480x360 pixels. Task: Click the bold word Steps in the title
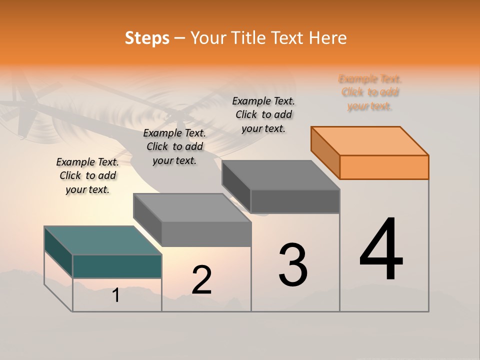tap(147, 38)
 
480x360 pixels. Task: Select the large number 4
tap(381, 250)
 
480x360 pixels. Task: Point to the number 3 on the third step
tap(293, 265)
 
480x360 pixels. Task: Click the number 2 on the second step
tap(201, 280)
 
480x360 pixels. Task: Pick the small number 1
tap(116, 295)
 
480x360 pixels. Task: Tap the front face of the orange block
tap(384, 167)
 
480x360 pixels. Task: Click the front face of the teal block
tap(117, 266)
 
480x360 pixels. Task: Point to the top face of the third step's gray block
tap(280, 175)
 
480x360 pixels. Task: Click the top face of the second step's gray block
tap(192, 207)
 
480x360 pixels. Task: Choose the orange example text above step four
tap(369, 92)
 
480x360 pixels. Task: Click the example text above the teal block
tap(87, 175)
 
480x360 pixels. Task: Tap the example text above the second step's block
tap(174, 146)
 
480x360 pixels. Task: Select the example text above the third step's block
tap(263, 114)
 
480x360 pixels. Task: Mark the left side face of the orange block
tap(325, 152)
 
